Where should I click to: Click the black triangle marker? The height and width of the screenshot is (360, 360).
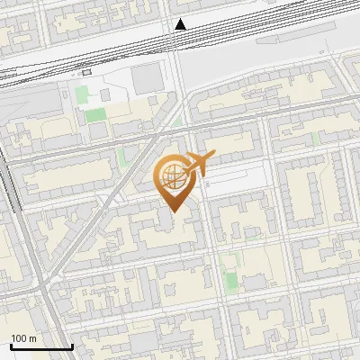pyautogui.click(x=181, y=24)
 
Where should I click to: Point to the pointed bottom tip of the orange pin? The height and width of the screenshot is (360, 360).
pyautogui.click(x=171, y=211)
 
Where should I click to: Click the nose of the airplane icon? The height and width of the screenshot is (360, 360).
pyautogui.click(x=213, y=158)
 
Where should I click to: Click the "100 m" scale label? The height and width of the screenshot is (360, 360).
pyautogui.click(x=23, y=338)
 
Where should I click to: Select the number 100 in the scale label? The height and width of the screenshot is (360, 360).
pyautogui.click(x=19, y=338)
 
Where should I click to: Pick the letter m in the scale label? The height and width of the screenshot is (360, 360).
pyautogui.click(x=32, y=338)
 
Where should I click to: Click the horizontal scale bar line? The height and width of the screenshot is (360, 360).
pyautogui.click(x=40, y=346)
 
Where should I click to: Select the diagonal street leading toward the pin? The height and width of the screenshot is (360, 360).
pyautogui.click(x=108, y=216)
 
